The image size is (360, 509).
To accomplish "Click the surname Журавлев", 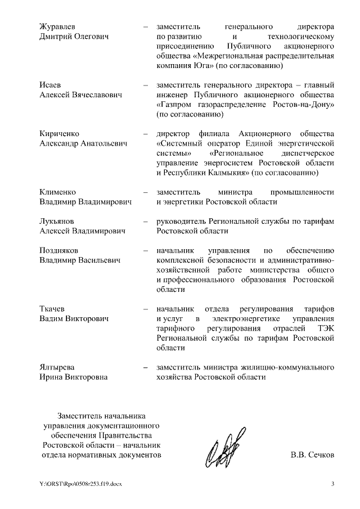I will pos(59,26).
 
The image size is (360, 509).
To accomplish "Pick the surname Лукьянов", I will pos(57,221).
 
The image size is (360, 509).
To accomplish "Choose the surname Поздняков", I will pos(60,250).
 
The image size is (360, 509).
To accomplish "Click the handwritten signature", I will pos(223,449).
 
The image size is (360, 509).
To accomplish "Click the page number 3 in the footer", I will pos(332,484).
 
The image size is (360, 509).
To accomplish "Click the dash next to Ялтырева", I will pos(146,367).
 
